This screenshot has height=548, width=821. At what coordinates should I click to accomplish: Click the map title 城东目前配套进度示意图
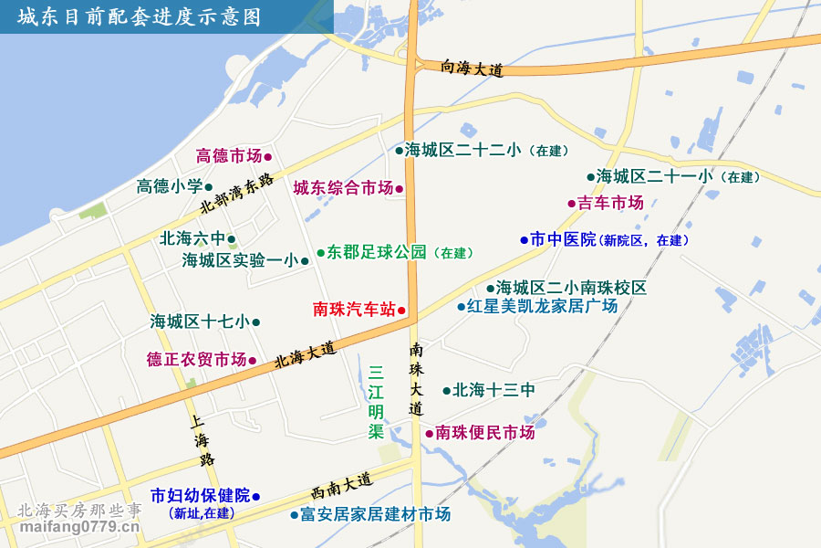point(139,17)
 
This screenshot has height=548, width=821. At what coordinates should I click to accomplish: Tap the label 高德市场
point(229,156)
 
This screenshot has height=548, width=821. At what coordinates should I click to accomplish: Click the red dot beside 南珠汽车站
point(401,310)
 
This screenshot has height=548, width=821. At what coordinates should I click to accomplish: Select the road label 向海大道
point(472,68)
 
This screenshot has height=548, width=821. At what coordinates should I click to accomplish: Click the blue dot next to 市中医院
point(525,240)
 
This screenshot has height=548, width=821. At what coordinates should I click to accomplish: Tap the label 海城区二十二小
point(463,150)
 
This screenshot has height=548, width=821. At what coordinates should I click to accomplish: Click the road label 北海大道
point(306,354)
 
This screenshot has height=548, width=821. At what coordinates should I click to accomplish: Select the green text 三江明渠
point(377,402)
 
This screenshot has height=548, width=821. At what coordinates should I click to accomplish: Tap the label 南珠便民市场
point(484,433)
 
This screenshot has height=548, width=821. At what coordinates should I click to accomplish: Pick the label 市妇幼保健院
point(201,496)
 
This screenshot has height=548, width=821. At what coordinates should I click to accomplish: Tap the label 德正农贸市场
point(196,360)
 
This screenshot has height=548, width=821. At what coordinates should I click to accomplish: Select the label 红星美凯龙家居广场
point(542,306)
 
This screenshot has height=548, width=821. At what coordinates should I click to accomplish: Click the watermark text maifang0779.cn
point(80,527)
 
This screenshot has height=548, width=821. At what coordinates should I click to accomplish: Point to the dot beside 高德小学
point(209,187)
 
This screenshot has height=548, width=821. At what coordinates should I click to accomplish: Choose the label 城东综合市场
point(343,188)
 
